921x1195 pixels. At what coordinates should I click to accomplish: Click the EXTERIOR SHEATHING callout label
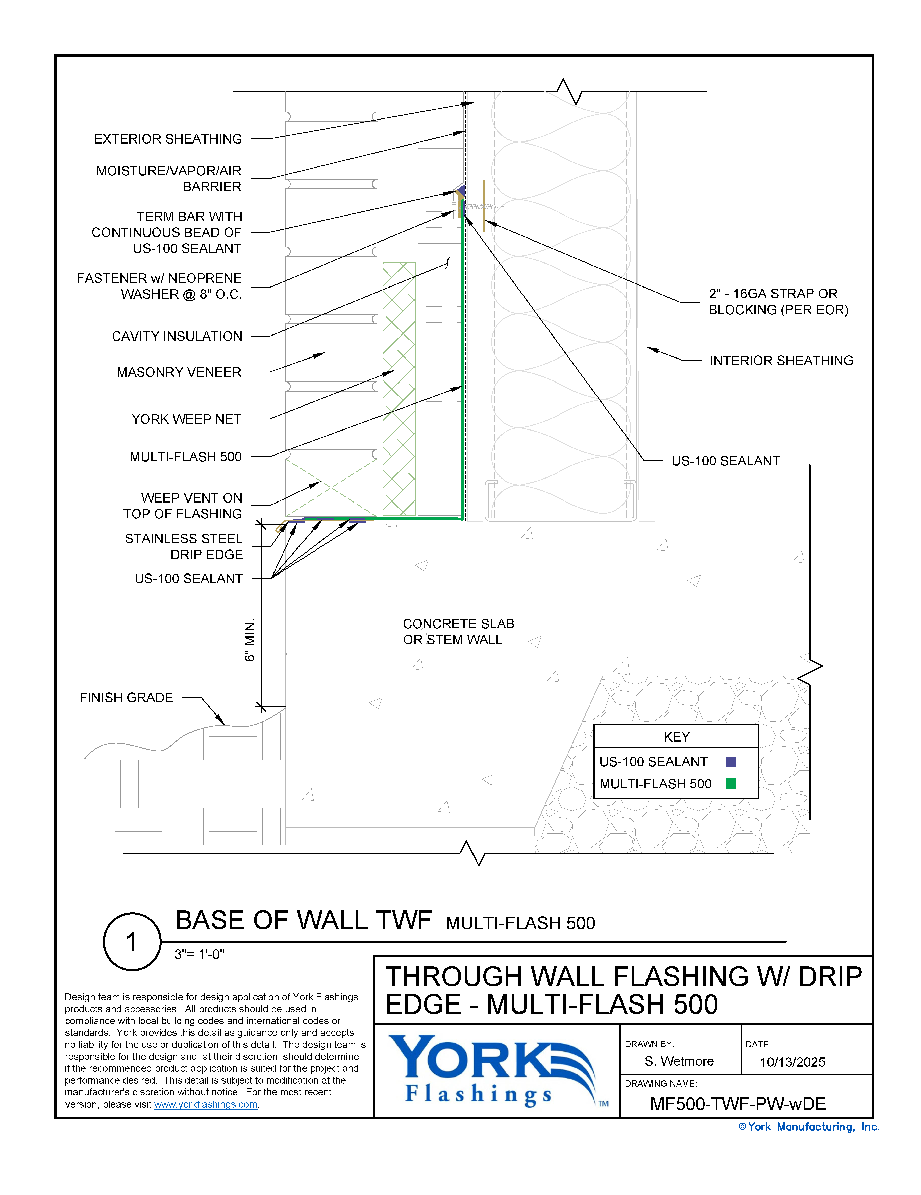(x=168, y=139)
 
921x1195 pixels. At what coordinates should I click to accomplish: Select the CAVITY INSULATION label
(x=177, y=337)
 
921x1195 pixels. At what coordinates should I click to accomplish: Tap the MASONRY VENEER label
(x=179, y=372)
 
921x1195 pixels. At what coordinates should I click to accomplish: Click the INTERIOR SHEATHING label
(x=781, y=361)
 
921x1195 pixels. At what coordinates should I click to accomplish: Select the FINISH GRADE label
(x=126, y=698)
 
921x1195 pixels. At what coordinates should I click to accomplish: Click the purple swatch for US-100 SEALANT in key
(x=731, y=762)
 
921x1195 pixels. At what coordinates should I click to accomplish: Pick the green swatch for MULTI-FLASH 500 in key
(x=731, y=783)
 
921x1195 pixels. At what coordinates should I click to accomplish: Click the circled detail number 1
(x=132, y=942)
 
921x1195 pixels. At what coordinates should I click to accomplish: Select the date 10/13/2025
(x=792, y=1062)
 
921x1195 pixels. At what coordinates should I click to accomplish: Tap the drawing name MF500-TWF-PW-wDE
(x=737, y=1104)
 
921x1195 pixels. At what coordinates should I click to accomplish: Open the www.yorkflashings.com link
(x=206, y=1104)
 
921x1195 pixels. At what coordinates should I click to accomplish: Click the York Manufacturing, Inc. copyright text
(x=808, y=1127)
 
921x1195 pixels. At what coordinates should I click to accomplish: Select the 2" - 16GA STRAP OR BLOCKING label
(x=778, y=302)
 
